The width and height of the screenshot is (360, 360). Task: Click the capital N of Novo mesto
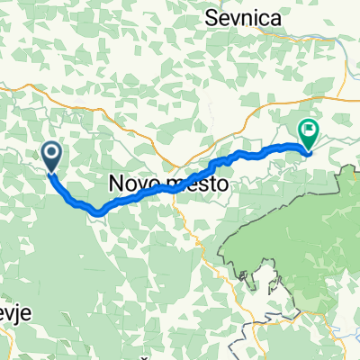[x=115, y=182]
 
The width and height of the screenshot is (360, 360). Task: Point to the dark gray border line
[x=261, y=270]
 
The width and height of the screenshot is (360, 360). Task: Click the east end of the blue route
[x=309, y=150]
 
